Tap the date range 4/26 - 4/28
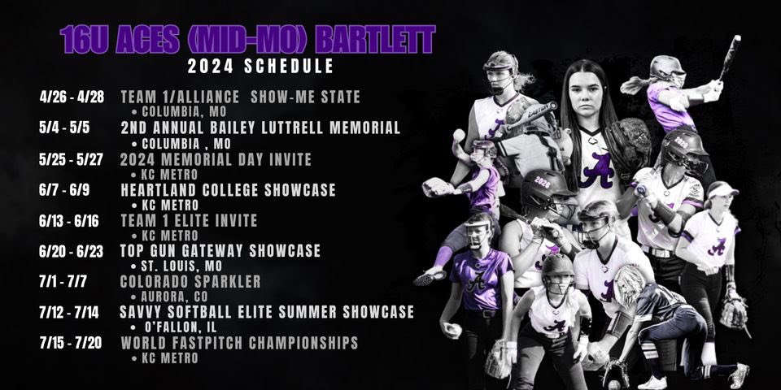(x=68, y=97)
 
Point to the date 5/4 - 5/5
(x=57, y=128)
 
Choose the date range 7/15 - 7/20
(x=68, y=343)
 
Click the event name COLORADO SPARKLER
(x=190, y=281)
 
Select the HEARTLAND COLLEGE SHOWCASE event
(x=228, y=189)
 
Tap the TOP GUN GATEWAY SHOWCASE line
(x=220, y=250)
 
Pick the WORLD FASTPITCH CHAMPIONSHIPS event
(x=239, y=343)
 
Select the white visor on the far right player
(x=722, y=190)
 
